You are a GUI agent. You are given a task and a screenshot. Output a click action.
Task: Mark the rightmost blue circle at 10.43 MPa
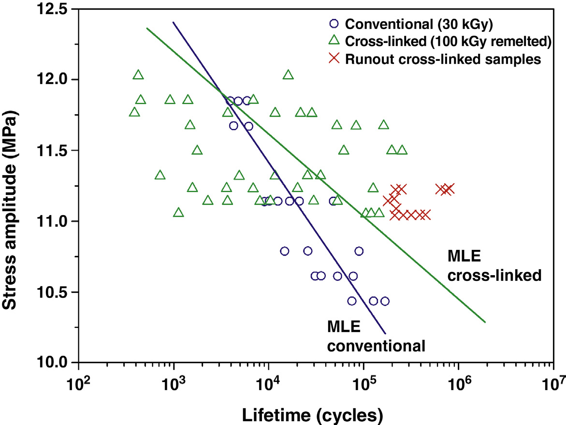click(x=385, y=301)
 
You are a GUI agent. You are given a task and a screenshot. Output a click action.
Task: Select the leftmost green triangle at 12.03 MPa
click(x=138, y=74)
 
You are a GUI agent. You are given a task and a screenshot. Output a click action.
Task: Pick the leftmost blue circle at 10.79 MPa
click(x=284, y=251)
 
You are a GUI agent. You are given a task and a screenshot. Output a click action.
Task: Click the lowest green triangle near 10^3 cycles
click(x=178, y=212)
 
